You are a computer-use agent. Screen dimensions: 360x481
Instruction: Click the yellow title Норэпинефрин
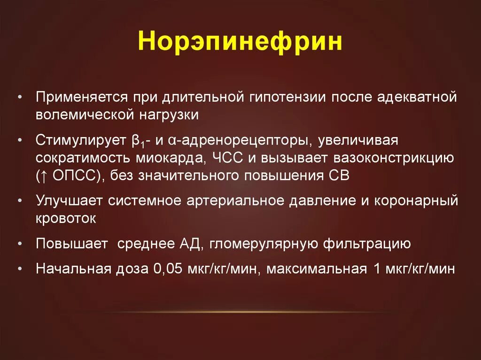point(240,42)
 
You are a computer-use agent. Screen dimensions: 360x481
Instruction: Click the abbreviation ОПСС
point(69,176)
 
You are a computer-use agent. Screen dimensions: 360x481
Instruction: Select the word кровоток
point(66,218)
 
